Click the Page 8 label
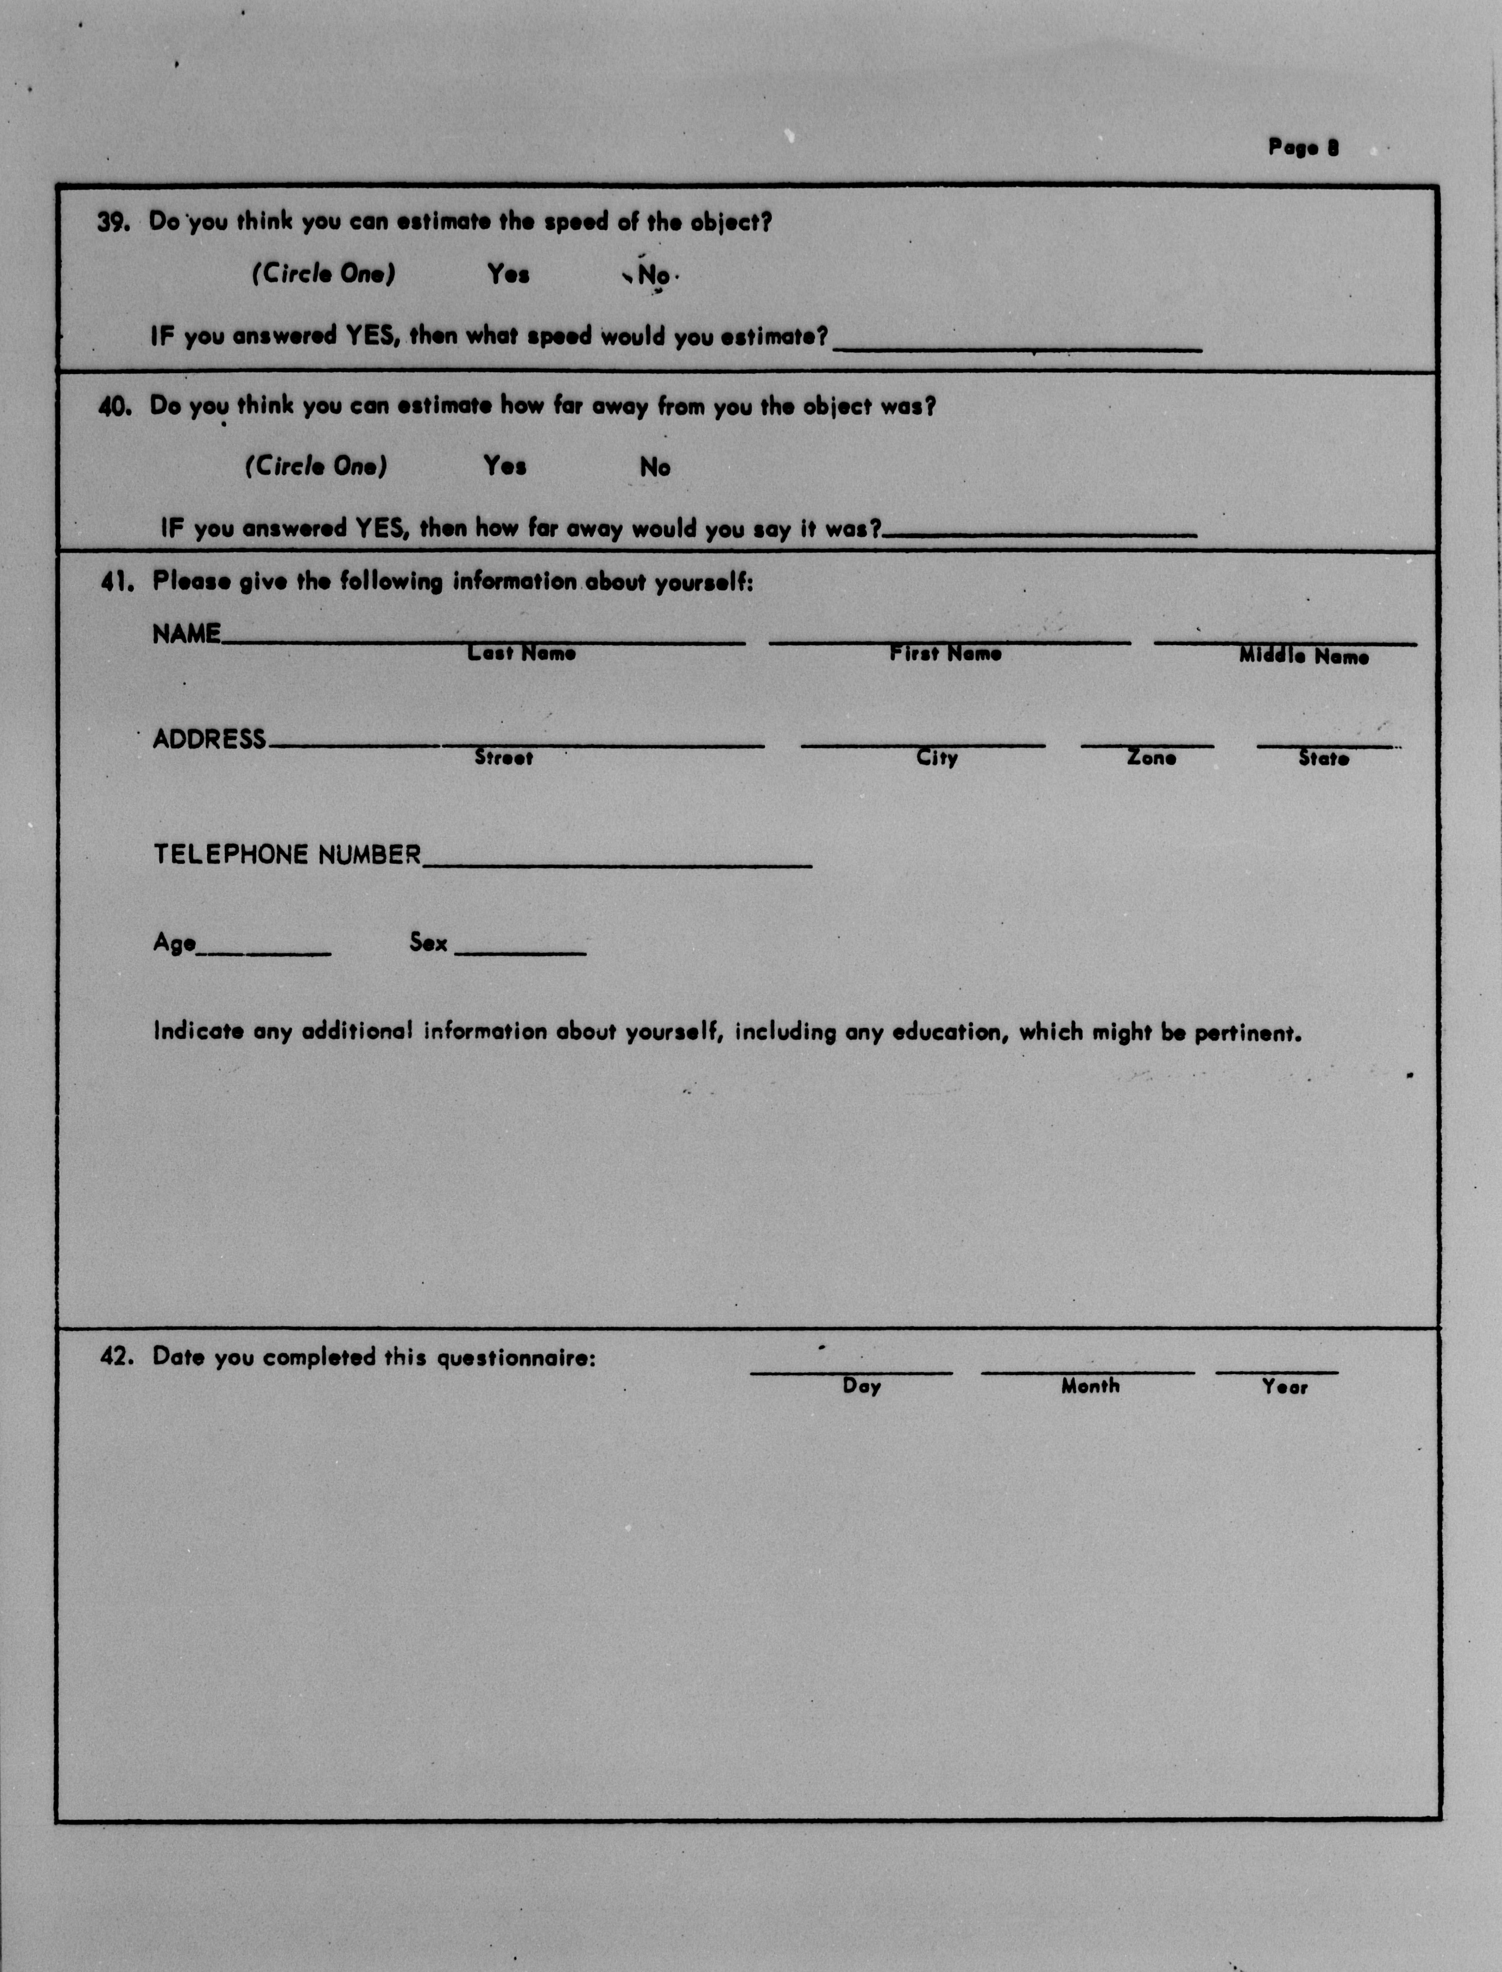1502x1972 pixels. [1303, 148]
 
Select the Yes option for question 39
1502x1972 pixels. [508, 274]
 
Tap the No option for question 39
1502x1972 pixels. [653, 275]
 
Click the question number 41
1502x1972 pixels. [117, 582]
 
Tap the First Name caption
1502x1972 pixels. [945, 654]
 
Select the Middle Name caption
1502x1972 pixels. [1303, 656]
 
